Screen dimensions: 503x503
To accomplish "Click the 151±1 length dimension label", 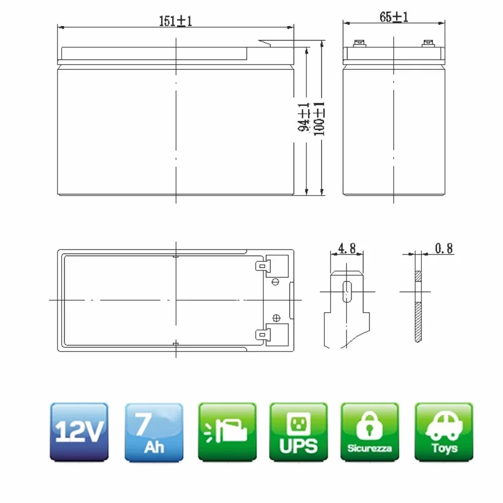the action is coord(176,21).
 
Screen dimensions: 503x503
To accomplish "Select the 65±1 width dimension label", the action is coord(394,16).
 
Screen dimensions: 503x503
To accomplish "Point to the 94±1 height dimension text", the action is coord(303,117).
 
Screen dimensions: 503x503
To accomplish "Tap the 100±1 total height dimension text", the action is coord(319,119).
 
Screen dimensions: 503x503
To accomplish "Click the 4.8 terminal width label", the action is coord(347,248).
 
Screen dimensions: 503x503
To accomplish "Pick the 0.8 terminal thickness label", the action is coord(444,248).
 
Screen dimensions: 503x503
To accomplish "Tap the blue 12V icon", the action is coord(79,432).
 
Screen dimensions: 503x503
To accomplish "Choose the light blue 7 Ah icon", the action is coord(154,432).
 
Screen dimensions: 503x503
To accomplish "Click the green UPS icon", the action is coord(299,432).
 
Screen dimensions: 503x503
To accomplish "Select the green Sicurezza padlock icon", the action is coord(370,432).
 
